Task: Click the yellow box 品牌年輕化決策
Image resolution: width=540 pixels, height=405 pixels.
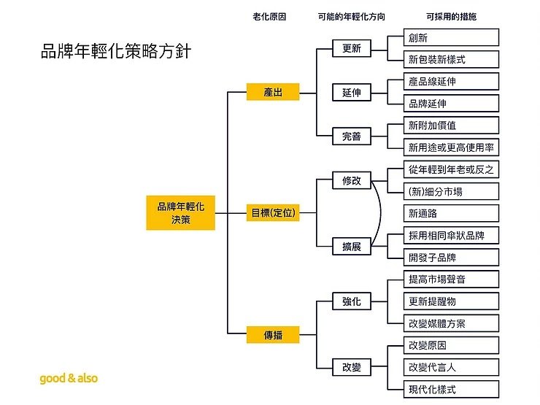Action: pos(181,213)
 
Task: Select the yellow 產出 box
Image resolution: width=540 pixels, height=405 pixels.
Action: pos(273,93)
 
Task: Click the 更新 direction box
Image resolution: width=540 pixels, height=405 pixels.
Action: pos(351,49)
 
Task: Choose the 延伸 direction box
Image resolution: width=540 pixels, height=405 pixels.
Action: pos(351,93)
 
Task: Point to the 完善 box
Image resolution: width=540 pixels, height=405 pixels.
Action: pos(351,136)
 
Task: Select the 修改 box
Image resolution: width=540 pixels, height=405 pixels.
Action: pos(351,180)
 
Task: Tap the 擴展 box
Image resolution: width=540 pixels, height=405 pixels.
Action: pos(351,247)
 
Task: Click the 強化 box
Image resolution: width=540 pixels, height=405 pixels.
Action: pos(351,301)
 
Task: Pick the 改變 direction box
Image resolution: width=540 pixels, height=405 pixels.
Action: pos(351,367)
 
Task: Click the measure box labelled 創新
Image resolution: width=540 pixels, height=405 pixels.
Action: pos(451,37)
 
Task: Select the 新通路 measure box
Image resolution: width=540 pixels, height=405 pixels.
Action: pos(451,213)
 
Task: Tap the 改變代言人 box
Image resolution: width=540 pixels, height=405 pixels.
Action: pos(451,367)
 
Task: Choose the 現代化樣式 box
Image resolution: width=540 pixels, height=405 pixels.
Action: pos(451,389)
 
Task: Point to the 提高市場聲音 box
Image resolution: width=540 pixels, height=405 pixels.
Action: pos(451,279)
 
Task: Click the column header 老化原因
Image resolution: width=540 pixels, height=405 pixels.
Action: pos(269,16)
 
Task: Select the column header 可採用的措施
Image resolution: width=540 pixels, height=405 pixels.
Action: pos(451,16)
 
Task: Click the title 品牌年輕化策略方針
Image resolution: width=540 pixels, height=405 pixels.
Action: pos(117,53)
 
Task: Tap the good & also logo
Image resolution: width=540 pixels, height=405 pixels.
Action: pos(69,378)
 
